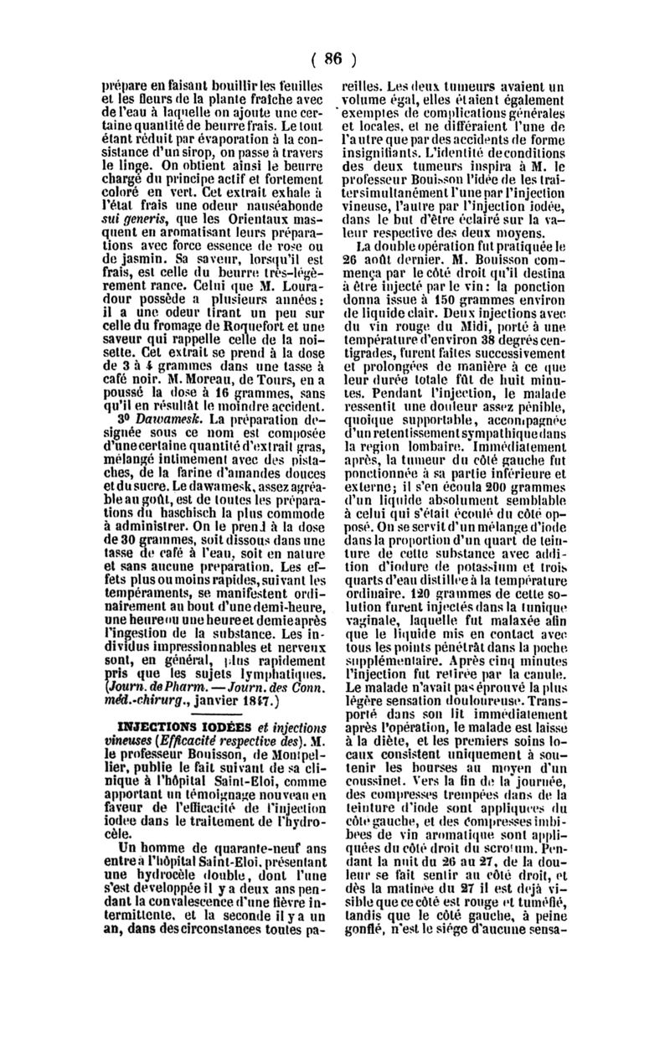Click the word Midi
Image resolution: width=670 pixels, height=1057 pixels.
pos(523,323)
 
